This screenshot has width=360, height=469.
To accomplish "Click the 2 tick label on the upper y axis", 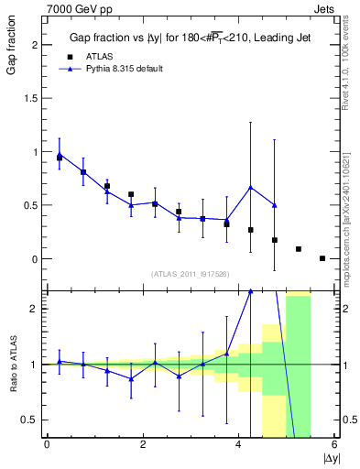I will [x=36, y=46].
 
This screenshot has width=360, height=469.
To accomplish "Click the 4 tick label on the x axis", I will [x=239, y=445].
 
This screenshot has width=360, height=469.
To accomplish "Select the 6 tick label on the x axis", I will [x=335, y=445].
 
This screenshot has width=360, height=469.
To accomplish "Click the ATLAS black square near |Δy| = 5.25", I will [x=299, y=249].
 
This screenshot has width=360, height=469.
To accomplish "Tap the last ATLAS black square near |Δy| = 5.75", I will [x=322, y=258].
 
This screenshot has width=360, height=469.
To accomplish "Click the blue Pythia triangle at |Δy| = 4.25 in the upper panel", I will [x=250, y=188].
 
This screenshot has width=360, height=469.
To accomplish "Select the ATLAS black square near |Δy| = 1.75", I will [x=131, y=194].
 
